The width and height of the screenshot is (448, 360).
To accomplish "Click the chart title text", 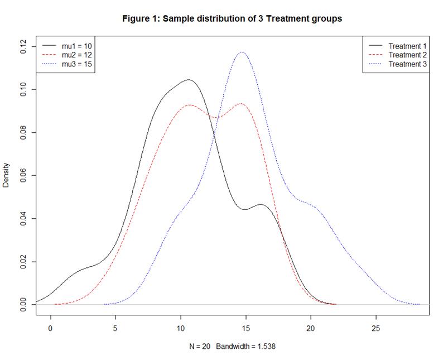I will click(232, 19).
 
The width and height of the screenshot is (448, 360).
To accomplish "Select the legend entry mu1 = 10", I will click(76, 46).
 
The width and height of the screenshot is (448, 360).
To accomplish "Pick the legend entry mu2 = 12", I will click(76, 55).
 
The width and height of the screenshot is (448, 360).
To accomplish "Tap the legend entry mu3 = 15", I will click(76, 65).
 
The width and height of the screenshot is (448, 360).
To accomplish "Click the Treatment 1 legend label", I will click(407, 46).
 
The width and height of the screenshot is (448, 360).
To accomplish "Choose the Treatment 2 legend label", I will click(407, 55).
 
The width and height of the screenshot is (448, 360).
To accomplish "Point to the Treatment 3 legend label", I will click(407, 65).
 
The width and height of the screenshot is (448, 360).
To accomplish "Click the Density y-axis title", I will click(7, 175).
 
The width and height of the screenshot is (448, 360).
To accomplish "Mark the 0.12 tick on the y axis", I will click(23, 47).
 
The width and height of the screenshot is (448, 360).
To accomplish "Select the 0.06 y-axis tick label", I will click(23, 175).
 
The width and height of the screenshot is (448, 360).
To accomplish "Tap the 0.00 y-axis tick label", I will click(23, 304).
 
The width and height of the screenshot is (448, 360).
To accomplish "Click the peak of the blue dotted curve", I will click(242, 52).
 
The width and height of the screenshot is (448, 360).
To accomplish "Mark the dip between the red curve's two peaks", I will click(218, 118).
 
